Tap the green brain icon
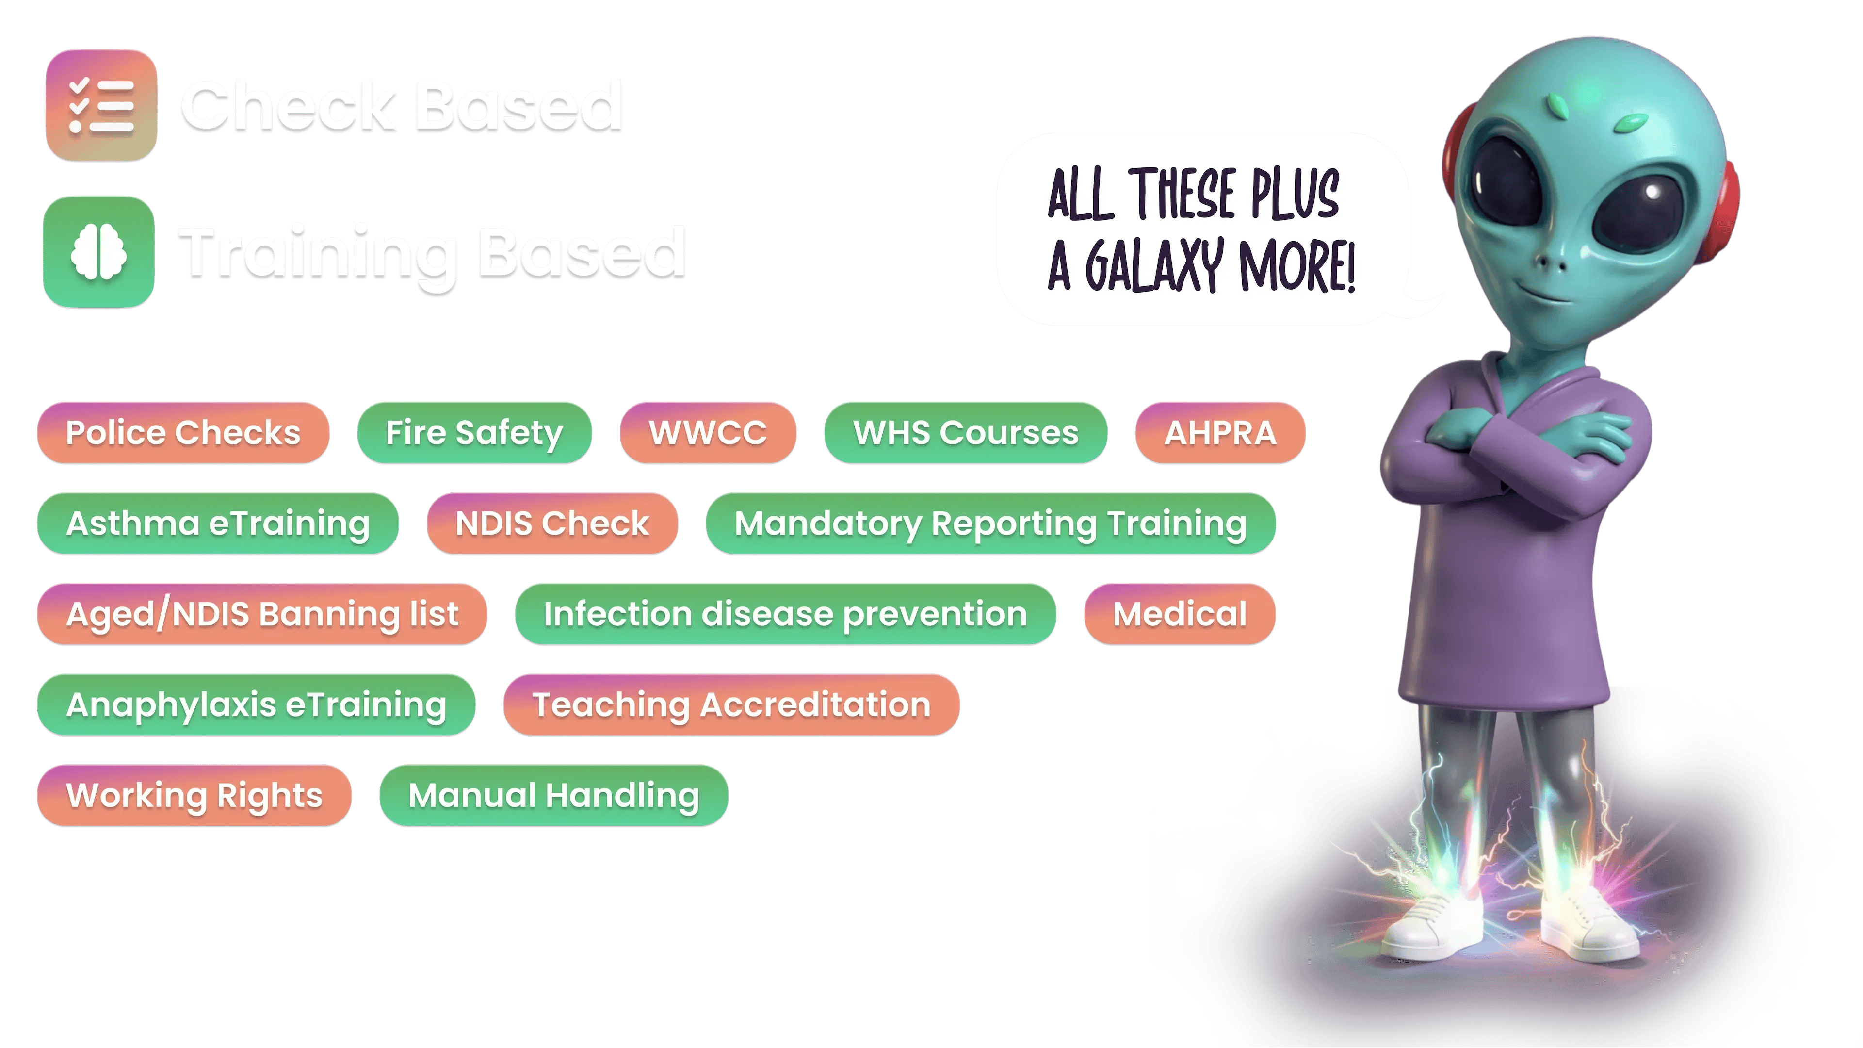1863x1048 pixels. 99,252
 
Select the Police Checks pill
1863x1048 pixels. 183,432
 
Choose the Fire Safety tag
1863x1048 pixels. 474,432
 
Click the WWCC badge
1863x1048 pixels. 708,432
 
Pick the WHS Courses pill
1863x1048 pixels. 966,432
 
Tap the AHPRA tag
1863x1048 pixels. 1220,432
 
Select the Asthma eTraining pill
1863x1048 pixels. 218,523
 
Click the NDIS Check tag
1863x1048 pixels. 552,523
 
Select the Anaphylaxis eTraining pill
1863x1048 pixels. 256,704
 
